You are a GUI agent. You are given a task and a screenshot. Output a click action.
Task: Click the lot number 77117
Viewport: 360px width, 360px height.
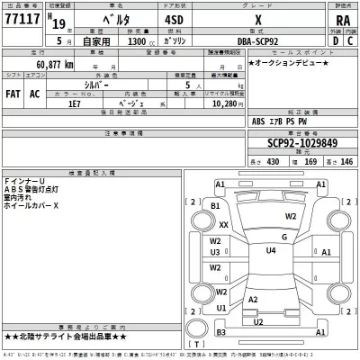22,17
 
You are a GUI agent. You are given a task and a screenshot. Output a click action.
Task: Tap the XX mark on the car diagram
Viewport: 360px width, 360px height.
223,225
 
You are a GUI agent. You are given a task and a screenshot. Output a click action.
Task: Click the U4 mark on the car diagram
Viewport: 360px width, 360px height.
271,251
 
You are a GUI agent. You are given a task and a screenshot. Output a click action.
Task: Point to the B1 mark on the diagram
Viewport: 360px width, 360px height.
215,206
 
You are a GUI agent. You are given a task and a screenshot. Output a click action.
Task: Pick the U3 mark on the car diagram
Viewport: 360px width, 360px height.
216,253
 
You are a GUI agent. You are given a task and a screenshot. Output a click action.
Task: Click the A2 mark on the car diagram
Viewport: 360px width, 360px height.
253,299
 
